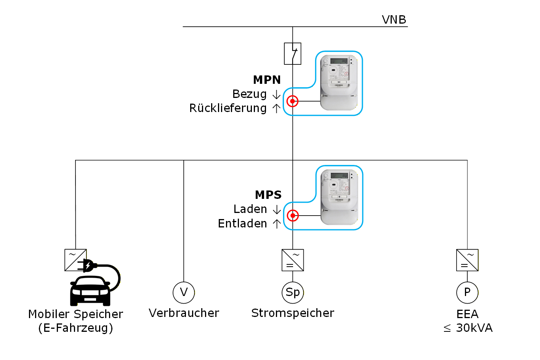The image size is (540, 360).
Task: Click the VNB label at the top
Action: (394, 20)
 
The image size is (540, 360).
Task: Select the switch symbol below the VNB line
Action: (293, 53)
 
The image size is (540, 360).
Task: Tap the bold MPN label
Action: (267, 80)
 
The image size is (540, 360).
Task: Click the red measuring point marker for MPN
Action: (293, 101)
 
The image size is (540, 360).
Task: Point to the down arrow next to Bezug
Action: (277, 94)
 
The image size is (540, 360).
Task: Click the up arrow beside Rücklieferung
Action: (277, 109)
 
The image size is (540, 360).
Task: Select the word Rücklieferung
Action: (228, 109)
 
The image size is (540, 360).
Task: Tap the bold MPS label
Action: (268, 195)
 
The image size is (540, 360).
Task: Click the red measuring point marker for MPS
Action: (293, 216)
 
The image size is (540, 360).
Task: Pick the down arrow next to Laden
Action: (277, 210)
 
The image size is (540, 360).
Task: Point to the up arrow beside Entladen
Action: (277, 224)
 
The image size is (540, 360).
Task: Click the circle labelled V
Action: (184, 293)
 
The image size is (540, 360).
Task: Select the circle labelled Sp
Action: (293, 293)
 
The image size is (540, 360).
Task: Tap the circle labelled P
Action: (467, 293)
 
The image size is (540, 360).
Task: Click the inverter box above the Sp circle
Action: (293, 260)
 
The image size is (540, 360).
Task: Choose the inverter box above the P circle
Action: (467, 260)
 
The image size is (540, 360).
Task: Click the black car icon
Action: (90, 291)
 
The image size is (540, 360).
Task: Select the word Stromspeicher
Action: (293, 313)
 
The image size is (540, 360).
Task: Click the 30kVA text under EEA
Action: (474, 328)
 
